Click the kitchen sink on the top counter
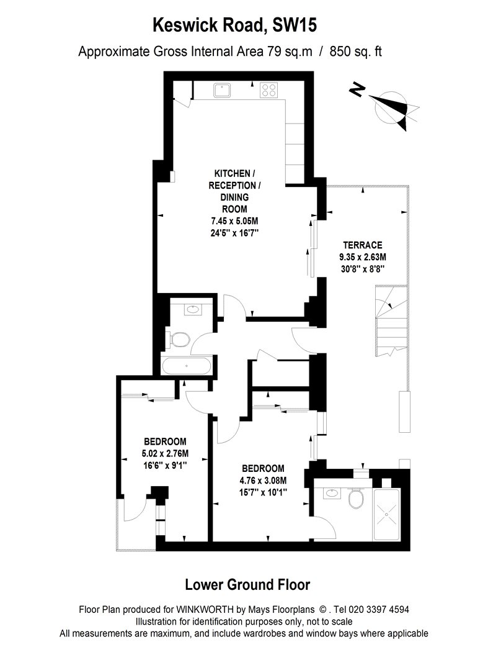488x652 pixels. (222, 90)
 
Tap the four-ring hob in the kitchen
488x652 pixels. (269, 90)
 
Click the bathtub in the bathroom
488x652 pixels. (186, 365)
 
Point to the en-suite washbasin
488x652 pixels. (332, 494)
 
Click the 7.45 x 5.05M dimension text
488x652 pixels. (233, 220)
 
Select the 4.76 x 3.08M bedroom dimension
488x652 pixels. (263, 480)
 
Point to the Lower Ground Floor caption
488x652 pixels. (247, 584)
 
